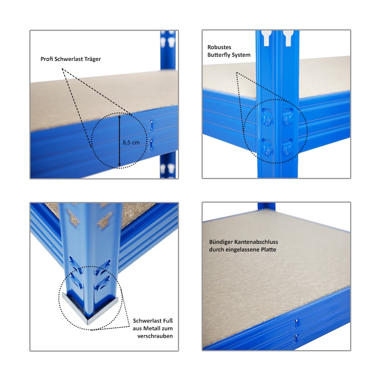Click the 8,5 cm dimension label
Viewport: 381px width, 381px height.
pos(131,142)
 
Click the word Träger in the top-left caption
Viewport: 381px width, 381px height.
pos(92,59)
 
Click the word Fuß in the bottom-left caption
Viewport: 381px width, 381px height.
pos(168,321)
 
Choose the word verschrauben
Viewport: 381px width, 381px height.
pos(155,336)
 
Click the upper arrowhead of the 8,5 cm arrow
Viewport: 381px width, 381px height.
pos(120,117)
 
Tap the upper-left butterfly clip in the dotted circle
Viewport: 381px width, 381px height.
pos(267,117)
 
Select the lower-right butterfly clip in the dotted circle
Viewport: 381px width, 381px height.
pos(288,147)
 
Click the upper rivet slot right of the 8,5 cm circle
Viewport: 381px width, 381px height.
pos(151,125)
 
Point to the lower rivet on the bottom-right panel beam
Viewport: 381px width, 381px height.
pos(296,338)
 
